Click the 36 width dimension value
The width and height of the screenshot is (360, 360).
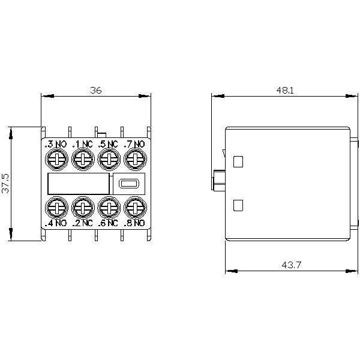96,90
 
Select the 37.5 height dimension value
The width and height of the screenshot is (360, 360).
5,183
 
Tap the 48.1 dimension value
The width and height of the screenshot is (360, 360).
285,90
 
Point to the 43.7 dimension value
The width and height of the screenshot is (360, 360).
291,265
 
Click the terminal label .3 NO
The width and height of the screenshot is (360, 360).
56,144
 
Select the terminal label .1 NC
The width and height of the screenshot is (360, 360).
82,144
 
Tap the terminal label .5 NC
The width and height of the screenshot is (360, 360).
108,144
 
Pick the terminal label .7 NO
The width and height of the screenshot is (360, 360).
134,144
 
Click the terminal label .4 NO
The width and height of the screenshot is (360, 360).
56,223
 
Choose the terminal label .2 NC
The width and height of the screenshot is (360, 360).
82,223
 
